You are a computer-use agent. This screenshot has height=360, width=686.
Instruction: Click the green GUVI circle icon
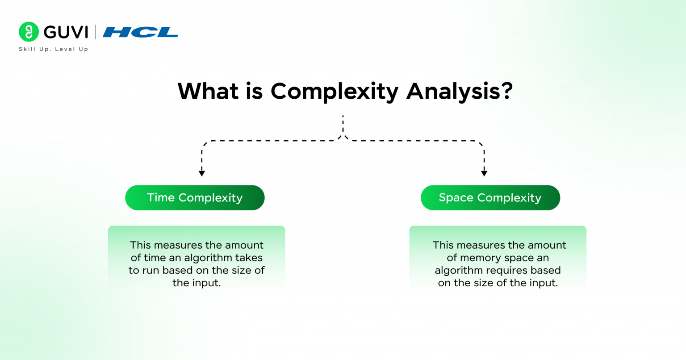(x=29, y=32)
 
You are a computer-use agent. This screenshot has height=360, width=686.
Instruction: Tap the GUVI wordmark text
(x=66, y=32)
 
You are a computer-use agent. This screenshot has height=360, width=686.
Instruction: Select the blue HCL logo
(x=140, y=32)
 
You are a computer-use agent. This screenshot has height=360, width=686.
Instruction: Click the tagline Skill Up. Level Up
(x=53, y=49)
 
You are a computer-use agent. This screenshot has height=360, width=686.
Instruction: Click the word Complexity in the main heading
(x=334, y=91)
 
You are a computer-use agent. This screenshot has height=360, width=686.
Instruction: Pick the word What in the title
(x=208, y=91)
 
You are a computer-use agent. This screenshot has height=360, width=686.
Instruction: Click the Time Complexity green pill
(x=195, y=198)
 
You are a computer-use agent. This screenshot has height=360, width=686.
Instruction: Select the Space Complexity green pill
(x=490, y=198)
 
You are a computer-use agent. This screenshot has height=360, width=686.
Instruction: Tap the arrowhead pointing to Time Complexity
(x=202, y=173)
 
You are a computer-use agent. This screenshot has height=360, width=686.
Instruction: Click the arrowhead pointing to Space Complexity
(x=484, y=173)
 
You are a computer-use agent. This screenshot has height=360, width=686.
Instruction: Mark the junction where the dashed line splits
(x=343, y=137)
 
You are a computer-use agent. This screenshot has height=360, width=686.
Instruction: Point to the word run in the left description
(x=151, y=270)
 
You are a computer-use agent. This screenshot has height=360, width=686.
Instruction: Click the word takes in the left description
(x=249, y=258)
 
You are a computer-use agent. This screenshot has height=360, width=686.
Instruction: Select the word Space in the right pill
(x=456, y=198)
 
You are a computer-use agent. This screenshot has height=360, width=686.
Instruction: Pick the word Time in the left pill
(x=161, y=198)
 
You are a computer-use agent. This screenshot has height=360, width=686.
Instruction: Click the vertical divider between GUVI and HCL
(x=95, y=32)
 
